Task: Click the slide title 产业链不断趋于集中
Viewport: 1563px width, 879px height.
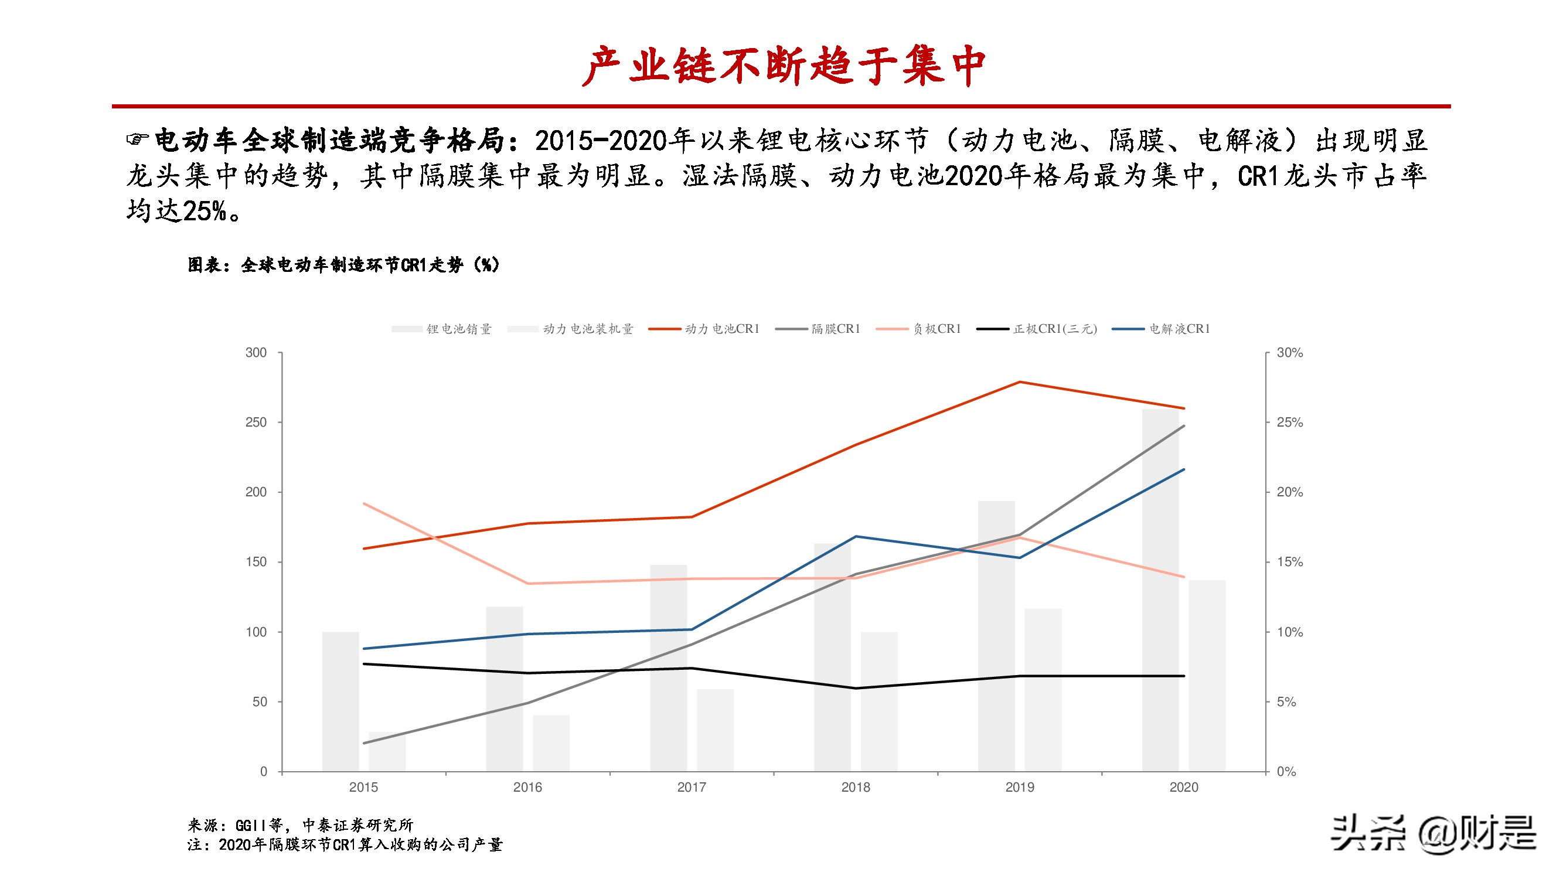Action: pyautogui.click(x=783, y=66)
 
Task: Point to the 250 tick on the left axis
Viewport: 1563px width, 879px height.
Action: pyautogui.click(x=256, y=422)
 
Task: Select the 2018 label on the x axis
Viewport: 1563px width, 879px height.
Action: pyautogui.click(x=856, y=788)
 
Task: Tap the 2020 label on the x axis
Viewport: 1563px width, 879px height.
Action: pyautogui.click(x=1184, y=788)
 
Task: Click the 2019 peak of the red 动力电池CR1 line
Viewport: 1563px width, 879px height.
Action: pyautogui.click(x=1020, y=382)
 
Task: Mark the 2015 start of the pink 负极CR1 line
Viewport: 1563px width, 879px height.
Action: pyautogui.click(x=363, y=503)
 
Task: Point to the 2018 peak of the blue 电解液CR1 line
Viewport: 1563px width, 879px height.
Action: pyautogui.click(x=856, y=536)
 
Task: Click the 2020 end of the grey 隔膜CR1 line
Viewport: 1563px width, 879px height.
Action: pyautogui.click(x=1184, y=426)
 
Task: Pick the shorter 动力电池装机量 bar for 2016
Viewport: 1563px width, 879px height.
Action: pyautogui.click(x=551, y=743)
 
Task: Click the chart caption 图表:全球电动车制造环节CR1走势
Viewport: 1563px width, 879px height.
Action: pyautogui.click(x=343, y=265)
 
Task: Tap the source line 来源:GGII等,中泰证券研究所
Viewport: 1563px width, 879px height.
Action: pyautogui.click(x=300, y=825)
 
